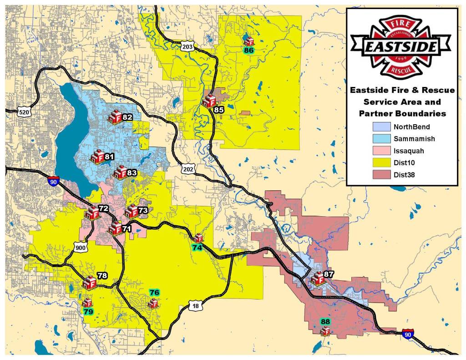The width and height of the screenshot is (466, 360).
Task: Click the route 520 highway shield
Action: [24, 112]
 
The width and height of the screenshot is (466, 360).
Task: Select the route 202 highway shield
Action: [187, 169]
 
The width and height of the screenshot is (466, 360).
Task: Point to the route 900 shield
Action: [81, 248]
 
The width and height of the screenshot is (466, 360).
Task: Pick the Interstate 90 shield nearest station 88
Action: [408, 334]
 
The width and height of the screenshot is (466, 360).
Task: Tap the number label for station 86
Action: [248, 51]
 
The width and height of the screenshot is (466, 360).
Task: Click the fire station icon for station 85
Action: [209, 101]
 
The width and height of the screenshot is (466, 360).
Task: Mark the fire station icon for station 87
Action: [317, 278]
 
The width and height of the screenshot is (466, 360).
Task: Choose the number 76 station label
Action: [154, 293]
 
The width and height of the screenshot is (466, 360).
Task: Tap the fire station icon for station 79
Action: [87, 302]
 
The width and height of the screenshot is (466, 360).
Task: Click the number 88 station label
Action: [325, 322]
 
